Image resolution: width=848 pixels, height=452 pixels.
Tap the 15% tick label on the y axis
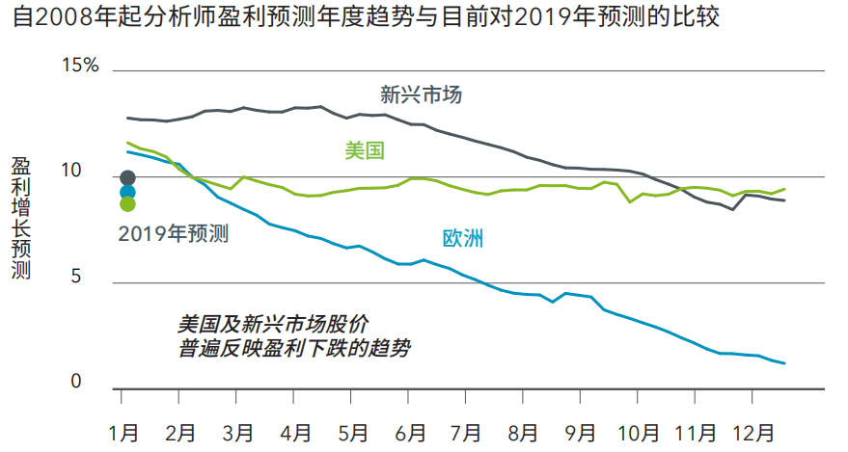point(80,66)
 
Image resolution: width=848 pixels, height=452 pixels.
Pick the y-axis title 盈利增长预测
point(21,220)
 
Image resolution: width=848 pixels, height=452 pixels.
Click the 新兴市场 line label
point(421,95)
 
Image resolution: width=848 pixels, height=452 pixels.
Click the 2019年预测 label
point(173,232)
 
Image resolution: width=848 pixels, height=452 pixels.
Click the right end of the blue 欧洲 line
point(784,363)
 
